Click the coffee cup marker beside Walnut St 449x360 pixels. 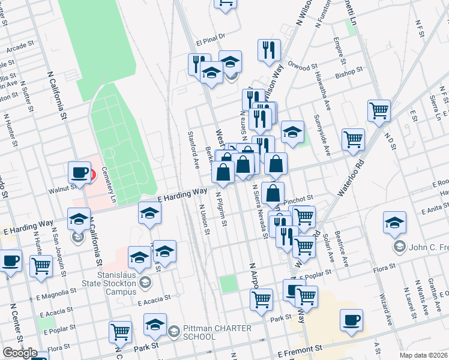click(79, 173)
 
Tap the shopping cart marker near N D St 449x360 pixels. click(379, 110)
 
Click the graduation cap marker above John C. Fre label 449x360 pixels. click(394, 223)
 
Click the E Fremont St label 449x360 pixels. click(300, 347)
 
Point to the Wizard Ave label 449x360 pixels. click(385, 310)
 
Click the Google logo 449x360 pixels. click(20, 353)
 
